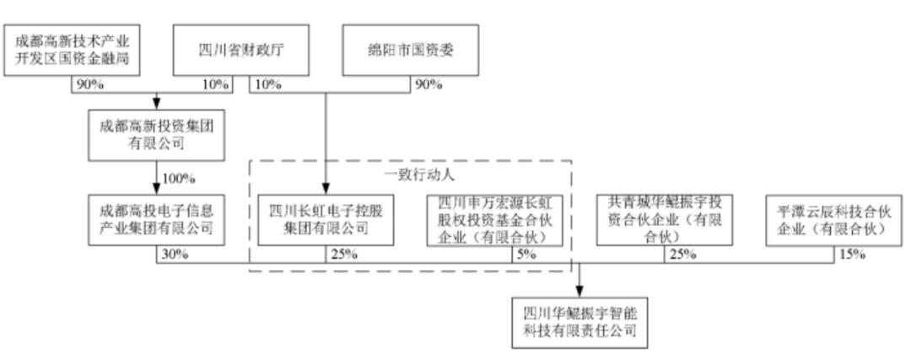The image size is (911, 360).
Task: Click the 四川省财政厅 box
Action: tap(229, 50)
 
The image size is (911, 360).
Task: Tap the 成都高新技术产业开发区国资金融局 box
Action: tap(72, 50)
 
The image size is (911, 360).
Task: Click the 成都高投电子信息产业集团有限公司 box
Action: tap(156, 219)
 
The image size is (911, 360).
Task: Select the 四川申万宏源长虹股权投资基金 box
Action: tap(494, 219)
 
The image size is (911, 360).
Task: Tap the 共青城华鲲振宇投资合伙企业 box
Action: tap(663, 219)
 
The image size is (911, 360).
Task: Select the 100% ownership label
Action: tap(180, 179)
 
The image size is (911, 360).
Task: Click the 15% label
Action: tap(853, 255)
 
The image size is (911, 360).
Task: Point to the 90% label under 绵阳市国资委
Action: tap(429, 84)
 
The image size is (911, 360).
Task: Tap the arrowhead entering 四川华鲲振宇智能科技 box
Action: tap(580, 289)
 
